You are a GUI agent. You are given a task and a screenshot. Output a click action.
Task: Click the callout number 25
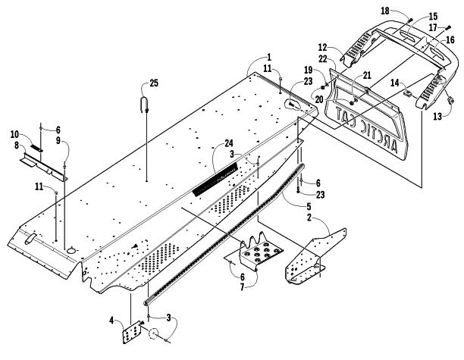[154, 83]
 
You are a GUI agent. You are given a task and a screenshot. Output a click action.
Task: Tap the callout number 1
[269, 57]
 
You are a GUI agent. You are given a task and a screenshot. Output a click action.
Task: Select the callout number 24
[229, 143]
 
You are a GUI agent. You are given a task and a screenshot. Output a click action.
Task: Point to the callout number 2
[309, 218]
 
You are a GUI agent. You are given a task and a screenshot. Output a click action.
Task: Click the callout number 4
[111, 320]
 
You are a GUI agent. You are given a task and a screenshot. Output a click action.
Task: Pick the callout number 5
[309, 206]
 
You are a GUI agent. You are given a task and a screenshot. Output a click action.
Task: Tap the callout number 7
[242, 287]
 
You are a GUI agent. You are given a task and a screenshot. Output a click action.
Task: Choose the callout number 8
[16, 146]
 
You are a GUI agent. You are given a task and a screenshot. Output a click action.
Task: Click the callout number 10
[14, 135]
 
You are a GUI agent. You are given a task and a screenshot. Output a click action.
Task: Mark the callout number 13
[437, 116]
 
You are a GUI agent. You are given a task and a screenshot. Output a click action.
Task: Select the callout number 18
[384, 11]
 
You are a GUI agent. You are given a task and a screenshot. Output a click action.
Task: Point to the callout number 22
[323, 59]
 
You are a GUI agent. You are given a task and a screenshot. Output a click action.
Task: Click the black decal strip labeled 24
[215, 179]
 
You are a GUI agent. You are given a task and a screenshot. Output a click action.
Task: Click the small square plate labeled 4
[131, 332]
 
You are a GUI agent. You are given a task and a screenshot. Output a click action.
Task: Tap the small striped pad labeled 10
[36, 148]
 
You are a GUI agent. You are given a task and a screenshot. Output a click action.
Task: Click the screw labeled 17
[448, 27]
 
